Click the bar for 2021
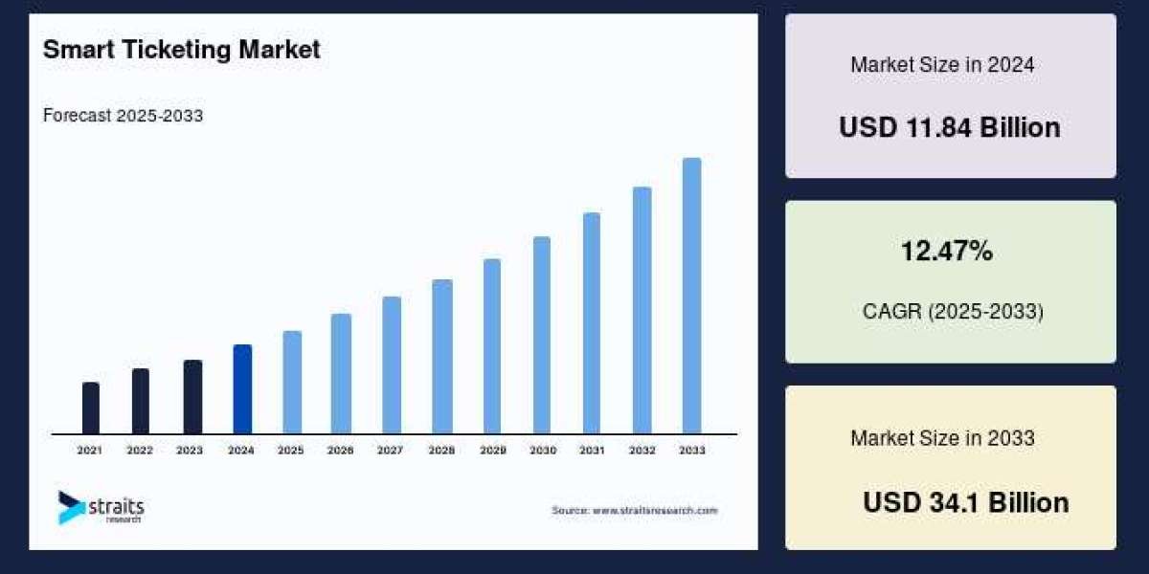91,408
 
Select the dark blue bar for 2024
242,389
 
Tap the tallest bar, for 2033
691,296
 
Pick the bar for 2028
441,356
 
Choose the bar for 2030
542,335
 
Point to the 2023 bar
192,397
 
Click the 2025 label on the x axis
291,450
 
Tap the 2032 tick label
642,450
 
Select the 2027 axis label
391,450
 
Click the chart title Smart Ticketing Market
182,51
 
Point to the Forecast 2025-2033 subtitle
123,116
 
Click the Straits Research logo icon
71,507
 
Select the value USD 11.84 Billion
950,127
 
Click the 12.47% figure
947,252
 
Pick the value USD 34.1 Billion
965,502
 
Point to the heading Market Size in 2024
942,65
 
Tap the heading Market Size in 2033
942,438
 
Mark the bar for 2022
141,401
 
